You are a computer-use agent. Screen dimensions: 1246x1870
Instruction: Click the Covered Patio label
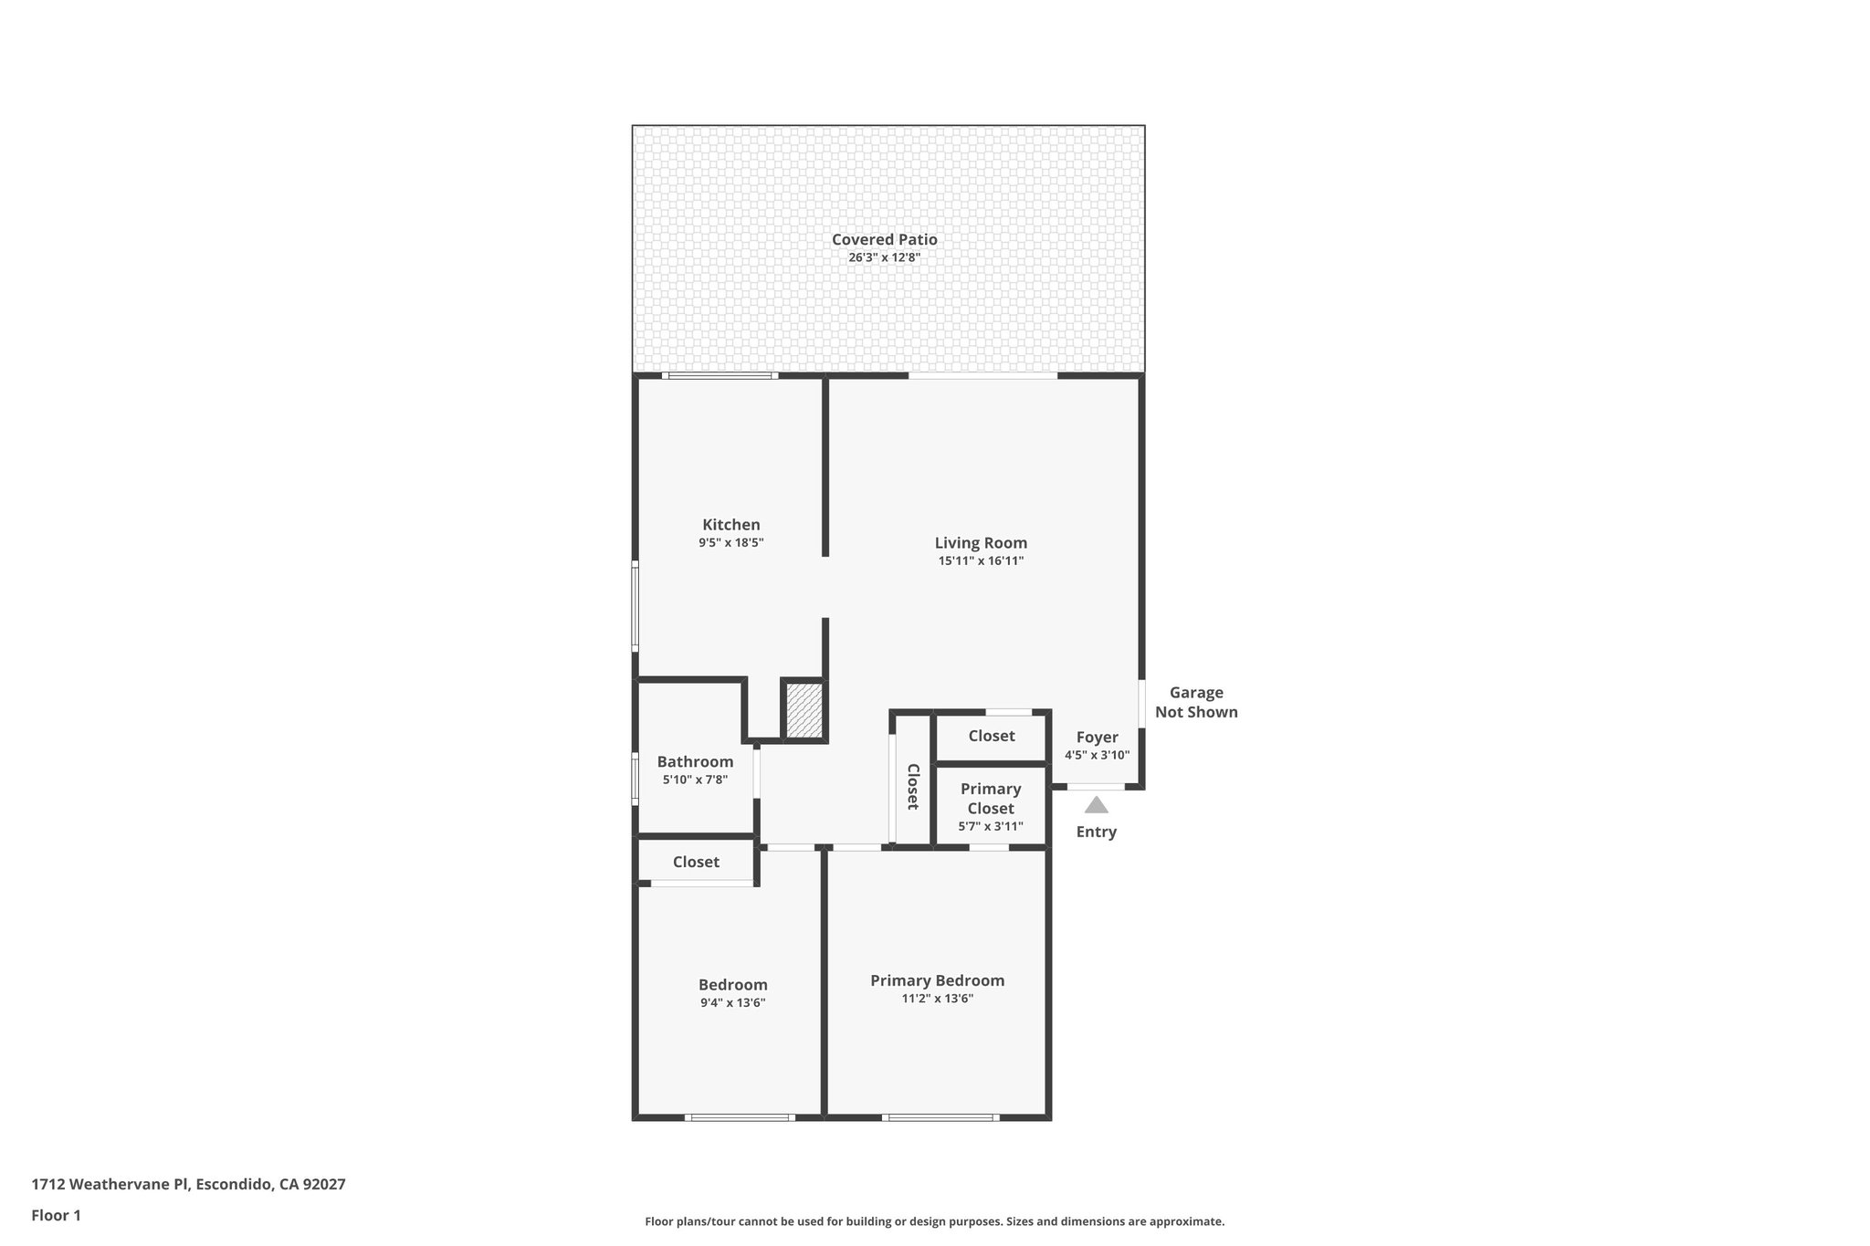point(884,239)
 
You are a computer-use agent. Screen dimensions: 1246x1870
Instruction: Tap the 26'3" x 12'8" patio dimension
point(884,257)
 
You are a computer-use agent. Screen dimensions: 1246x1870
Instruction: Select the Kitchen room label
point(730,525)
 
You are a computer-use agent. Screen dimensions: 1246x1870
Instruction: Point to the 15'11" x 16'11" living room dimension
point(981,560)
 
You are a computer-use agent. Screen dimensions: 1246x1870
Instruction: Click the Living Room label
point(981,542)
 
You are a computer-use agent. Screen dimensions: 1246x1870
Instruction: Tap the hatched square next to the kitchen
point(804,710)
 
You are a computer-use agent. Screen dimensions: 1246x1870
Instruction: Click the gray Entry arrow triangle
point(1096,805)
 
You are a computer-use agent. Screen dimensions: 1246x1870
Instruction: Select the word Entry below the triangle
point(1096,832)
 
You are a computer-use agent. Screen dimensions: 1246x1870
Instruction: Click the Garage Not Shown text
point(1196,703)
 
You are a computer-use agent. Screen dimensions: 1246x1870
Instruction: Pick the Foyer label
point(1097,738)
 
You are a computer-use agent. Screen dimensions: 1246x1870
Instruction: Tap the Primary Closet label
point(991,799)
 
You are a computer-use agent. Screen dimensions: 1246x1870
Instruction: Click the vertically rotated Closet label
point(912,787)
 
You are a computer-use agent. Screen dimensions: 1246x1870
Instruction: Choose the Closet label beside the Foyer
point(992,736)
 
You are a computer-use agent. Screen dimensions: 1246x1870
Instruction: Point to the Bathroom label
point(695,761)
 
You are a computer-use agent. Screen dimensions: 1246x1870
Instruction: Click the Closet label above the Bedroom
point(696,862)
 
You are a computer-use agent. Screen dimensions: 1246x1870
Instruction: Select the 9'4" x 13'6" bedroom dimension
point(732,1002)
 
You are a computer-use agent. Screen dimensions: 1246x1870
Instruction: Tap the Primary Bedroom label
point(937,980)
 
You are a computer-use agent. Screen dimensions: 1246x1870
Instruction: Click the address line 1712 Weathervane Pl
point(188,1184)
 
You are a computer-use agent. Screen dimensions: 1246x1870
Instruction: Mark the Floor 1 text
point(56,1215)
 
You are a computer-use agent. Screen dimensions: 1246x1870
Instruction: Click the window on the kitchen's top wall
point(720,375)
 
